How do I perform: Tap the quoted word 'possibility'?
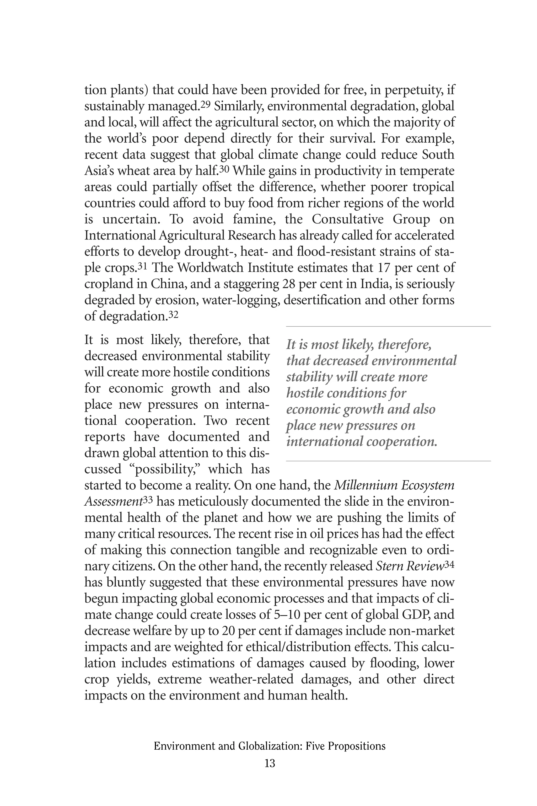[166, 469]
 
